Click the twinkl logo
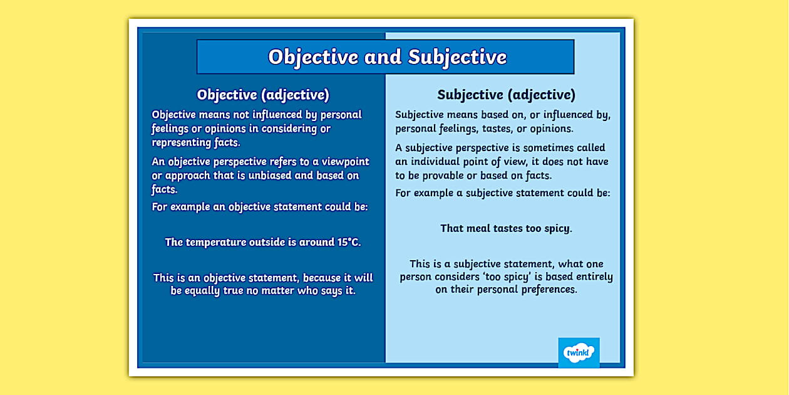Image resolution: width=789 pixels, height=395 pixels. (579, 352)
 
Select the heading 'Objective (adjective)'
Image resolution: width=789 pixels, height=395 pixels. (263, 95)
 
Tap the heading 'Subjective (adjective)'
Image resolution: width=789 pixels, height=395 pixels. (506, 95)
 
